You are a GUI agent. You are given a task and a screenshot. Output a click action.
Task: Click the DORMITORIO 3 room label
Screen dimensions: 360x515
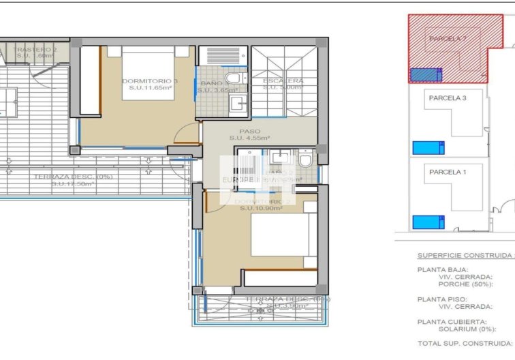[149, 81]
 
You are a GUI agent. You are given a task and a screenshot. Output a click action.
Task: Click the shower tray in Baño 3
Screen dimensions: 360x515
[221, 55]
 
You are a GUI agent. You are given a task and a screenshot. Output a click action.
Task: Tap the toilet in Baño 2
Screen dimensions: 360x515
[305, 160]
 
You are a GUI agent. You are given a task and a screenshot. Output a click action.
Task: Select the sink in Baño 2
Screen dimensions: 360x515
[279, 158]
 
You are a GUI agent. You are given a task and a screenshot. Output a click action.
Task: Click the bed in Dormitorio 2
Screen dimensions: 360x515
[283, 235]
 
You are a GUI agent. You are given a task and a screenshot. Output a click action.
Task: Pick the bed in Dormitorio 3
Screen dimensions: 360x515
[149, 73]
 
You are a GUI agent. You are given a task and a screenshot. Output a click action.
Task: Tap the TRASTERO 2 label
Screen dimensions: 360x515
[35, 50]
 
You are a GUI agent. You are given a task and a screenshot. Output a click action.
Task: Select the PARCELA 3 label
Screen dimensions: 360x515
[448, 98]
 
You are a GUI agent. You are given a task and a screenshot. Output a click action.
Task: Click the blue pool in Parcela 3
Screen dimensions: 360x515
[428, 147]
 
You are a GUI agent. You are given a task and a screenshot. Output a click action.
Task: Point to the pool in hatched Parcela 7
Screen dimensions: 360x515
[426, 74]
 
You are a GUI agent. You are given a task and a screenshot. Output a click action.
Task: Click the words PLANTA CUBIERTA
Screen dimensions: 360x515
[452, 321]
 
